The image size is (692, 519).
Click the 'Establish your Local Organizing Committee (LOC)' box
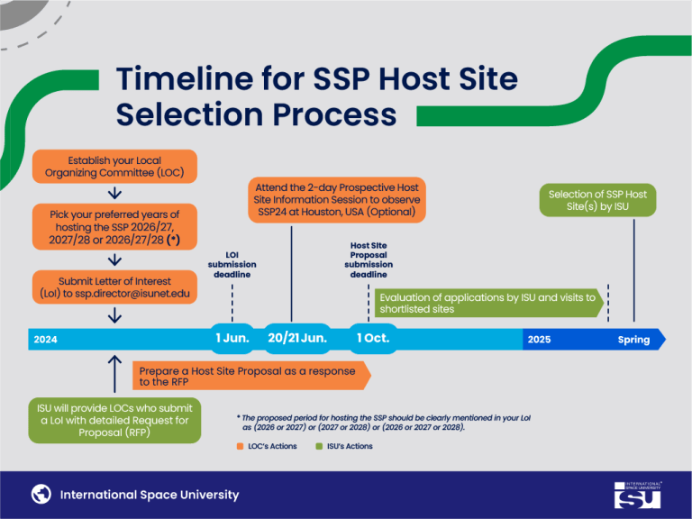tap(114, 167)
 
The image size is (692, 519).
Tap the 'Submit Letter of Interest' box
tap(114, 287)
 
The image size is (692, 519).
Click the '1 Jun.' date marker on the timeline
tap(232, 338)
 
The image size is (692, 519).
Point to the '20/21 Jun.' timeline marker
tap(297, 338)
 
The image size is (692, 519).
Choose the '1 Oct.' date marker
tap(373, 338)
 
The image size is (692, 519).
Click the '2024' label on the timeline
tap(46, 340)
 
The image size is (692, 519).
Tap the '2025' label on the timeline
tap(539, 340)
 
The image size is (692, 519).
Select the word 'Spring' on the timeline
tap(633, 340)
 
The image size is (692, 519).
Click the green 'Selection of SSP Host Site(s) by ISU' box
tap(597, 200)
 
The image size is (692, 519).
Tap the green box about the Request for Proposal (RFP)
tap(114, 420)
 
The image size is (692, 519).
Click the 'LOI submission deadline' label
tap(232, 264)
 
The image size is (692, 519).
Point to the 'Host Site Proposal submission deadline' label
tap(369, 260)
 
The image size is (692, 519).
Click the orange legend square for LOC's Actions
tap(241, 446)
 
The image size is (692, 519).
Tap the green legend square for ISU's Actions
tap(320, 446)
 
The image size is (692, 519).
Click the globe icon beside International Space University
tap(41, 494)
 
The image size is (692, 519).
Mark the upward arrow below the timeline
tap(114, 370)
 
